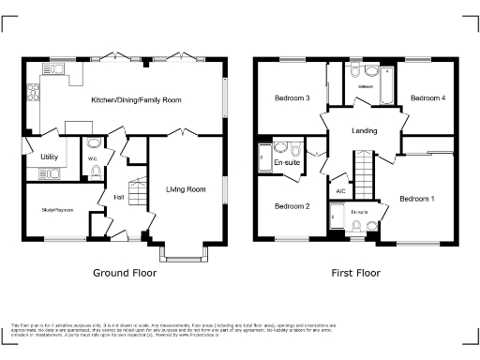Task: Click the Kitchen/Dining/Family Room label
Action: pos(136,98)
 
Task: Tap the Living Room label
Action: pos(186,189)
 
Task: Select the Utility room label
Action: pos(48,157)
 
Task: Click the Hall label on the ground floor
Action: pos(119,197)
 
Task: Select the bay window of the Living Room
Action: pos(185,255)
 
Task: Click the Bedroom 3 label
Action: pos(292,98)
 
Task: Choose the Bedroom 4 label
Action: pos(428,97)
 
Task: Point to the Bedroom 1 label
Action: pos(416,199)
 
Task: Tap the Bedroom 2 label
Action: pos(292,206)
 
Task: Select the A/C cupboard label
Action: pos(340,191)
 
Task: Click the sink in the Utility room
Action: pos(52,172)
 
